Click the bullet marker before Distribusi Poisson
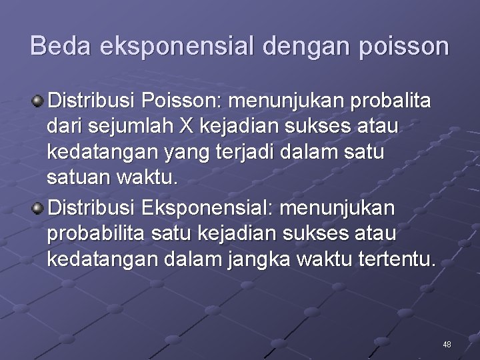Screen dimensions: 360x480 38,101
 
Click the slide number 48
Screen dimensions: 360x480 447,344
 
